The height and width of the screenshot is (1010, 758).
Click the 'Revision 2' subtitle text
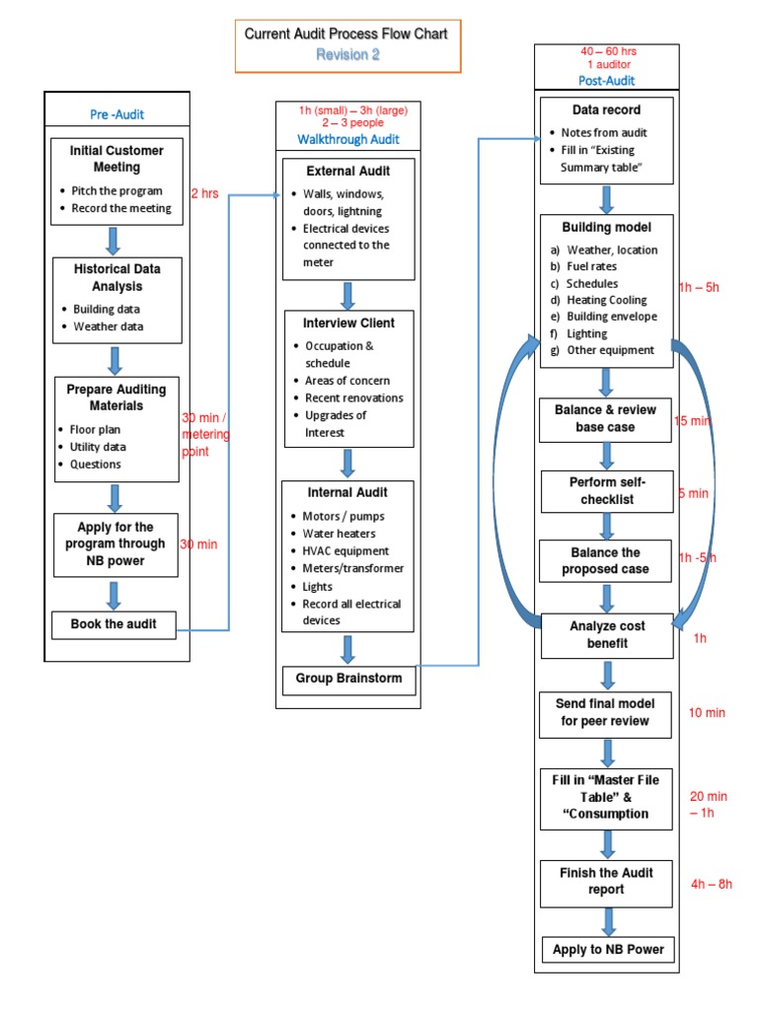(347, 55)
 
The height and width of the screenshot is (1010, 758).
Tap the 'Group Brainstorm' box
(347, 679)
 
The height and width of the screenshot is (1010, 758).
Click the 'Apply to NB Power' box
(608, 950)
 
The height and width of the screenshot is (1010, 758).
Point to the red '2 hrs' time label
(204, 193)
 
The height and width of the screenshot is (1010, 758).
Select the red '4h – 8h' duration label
(711, 884)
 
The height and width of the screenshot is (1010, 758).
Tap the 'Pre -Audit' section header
(116, 114)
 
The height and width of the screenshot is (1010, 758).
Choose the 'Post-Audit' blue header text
(607, 81)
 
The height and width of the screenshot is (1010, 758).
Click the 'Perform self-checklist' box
(607, 491)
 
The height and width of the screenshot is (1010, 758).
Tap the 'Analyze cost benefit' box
(607, 634)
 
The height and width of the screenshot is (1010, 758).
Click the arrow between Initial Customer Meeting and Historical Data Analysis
(114, 241)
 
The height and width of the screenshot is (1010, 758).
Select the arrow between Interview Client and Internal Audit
(347, 463)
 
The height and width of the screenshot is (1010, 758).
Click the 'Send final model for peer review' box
(607, 712)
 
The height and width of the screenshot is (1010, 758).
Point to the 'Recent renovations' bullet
(353, 397)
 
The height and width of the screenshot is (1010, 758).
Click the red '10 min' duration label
(707, 712)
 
